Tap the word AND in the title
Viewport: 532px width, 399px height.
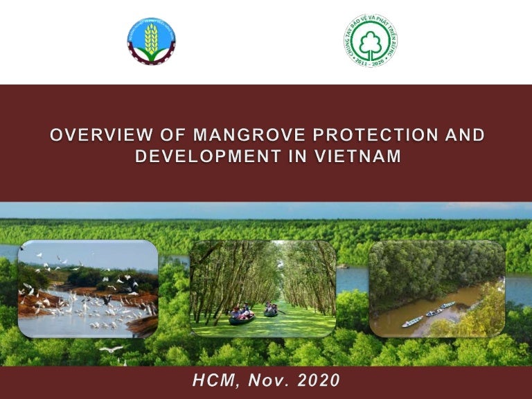[x=463, y=134]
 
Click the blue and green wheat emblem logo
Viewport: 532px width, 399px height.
[x=152, y=41]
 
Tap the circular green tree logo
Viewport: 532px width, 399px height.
[x=371, y=41]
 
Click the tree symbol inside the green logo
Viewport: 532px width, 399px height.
[x=371, y=40]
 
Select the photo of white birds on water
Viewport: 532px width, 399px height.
[x=88, y=289]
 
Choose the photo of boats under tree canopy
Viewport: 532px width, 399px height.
[x=263, y=288]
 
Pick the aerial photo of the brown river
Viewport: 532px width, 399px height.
[x=437, y=289]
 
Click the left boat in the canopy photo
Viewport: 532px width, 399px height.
[x=242, y=317]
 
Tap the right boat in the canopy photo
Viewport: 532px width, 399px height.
[x=271, y=310]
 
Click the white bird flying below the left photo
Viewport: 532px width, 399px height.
[x=112, y=348]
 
